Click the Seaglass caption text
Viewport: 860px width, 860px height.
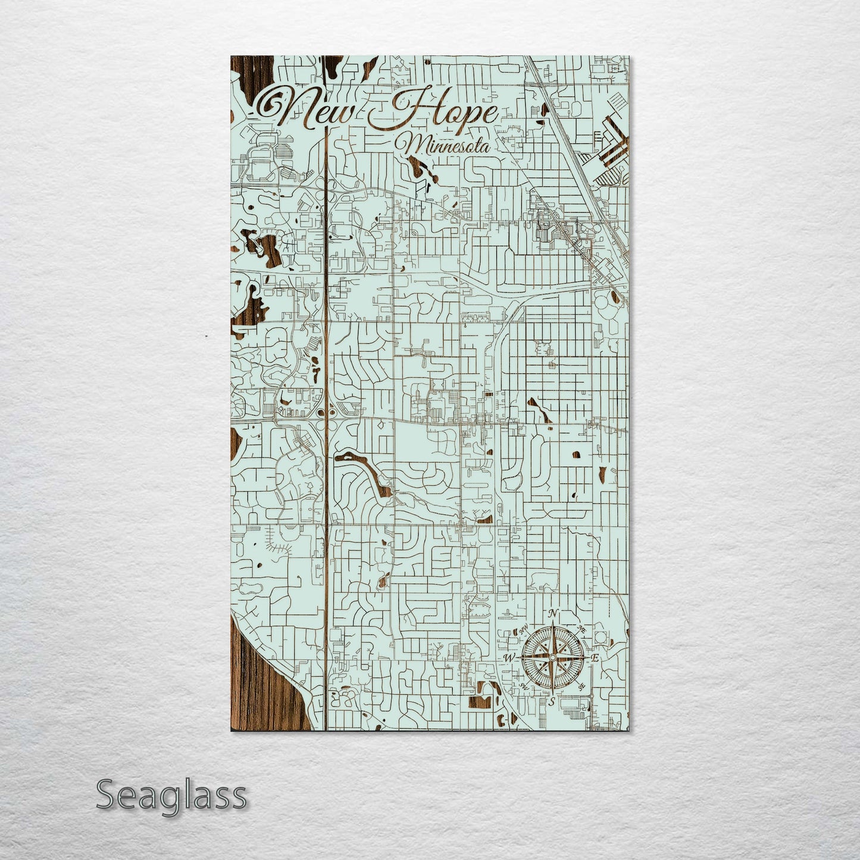pyautogui.click(x=171, y=795)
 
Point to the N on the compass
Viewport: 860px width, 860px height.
pyautogui.click(x=553, y=614)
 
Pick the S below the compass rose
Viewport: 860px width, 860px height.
pyautogui.click(x=552, y=702)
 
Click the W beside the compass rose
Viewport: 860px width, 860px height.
pyautogui.click(x=509, y=658)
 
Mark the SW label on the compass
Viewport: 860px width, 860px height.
pyautogui.click(x=524, y=686)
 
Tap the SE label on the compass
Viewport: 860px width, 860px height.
pyautogui.click(x=581, y=686)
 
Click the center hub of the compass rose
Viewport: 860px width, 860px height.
pyautogui.click(x=552, y=657)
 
